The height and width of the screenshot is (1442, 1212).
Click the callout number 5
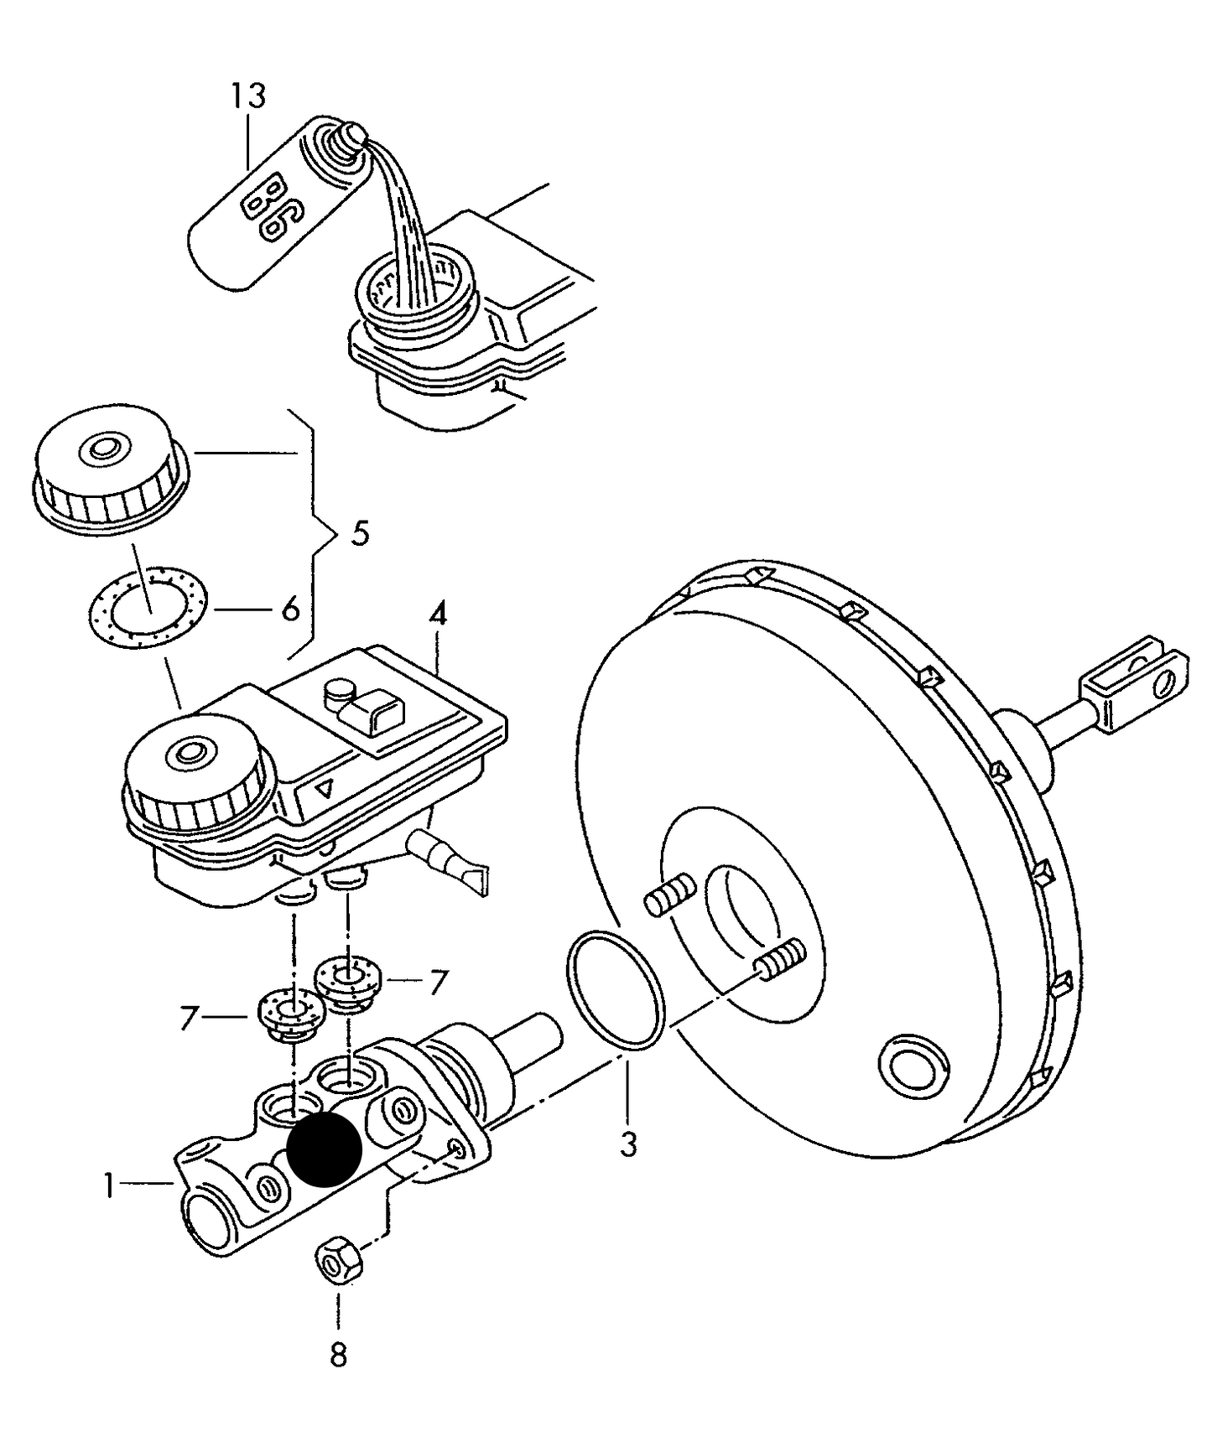[x=360, y=533]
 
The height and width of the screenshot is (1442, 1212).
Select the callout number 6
[x=290, y=609]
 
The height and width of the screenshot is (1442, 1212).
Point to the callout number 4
[x=438, y=616]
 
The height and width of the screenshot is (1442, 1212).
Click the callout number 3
[x=628, y=1144]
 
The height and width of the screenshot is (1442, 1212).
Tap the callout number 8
[x=338, y=1355]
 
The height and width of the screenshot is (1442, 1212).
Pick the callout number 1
[x=108, y=1186]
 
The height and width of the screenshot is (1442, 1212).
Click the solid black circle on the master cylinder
[x=324, y=1150]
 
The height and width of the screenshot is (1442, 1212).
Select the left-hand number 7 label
[x=189, y=1018]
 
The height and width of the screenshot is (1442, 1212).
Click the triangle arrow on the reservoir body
[x=325, y=788]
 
